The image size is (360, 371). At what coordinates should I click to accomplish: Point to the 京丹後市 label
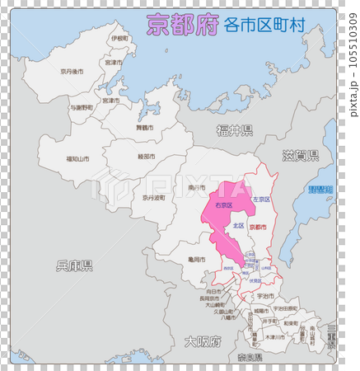click(x=72, y=72)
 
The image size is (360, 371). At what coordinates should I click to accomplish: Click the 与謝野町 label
click(x=81, y=107)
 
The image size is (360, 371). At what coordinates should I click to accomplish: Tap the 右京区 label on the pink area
click(x=223, y=204)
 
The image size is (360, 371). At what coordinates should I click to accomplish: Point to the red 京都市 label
click(x=258, y=226)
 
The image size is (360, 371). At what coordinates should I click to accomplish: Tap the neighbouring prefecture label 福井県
click(x=235, y=129)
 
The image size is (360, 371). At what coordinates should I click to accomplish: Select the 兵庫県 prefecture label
click(x=74, y=265)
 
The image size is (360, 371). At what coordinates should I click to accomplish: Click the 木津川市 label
click(x=274, y=337)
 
